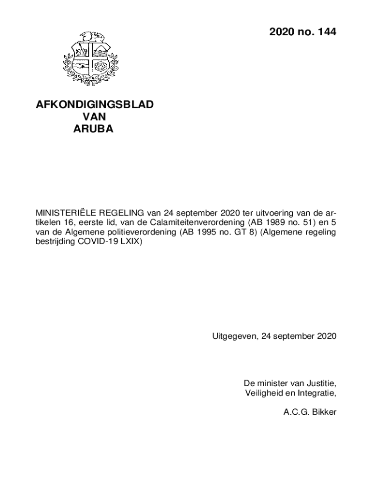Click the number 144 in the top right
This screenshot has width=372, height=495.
[324, 32]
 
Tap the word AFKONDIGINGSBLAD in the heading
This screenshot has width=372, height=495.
[95, 105]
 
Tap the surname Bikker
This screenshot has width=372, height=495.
[323, 412]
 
